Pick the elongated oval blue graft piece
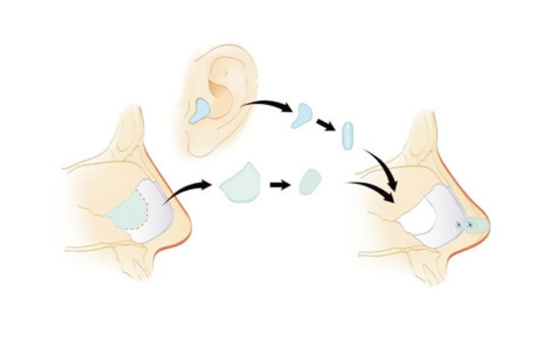click(346, 136)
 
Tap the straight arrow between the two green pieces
click(277, 183)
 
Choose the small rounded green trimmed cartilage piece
click(309, 181)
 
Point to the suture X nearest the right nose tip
click(468, 225)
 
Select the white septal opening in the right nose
click(431, 212)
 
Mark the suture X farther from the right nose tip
click(458, 224)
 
